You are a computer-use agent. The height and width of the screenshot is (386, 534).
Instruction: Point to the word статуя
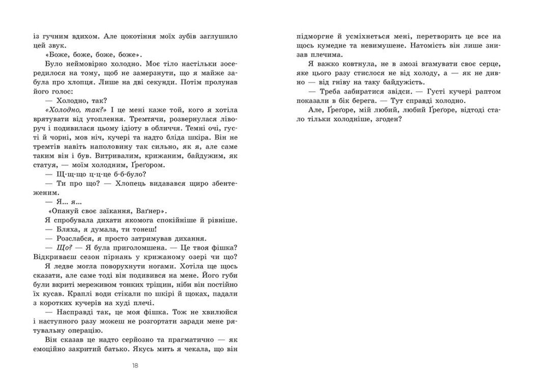pyautogui.click(x=45, y=165)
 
